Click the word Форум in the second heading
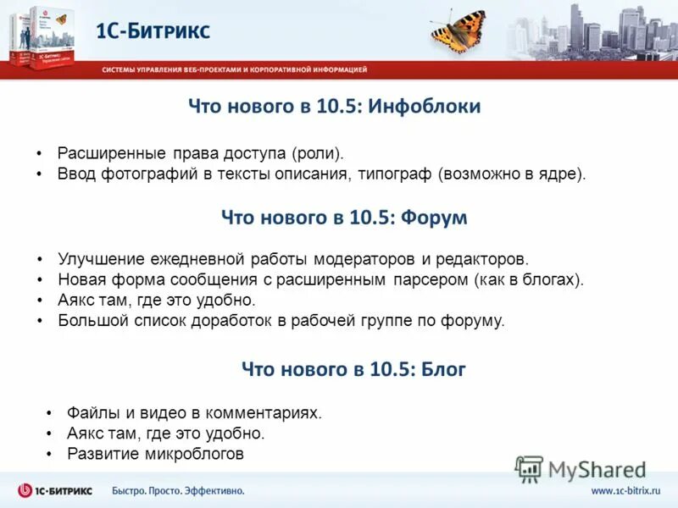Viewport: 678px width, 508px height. click(x=435, y=218)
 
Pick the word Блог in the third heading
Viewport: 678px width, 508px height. click(x=441, y=369)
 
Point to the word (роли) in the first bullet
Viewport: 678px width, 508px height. click(x=318, y=154)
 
